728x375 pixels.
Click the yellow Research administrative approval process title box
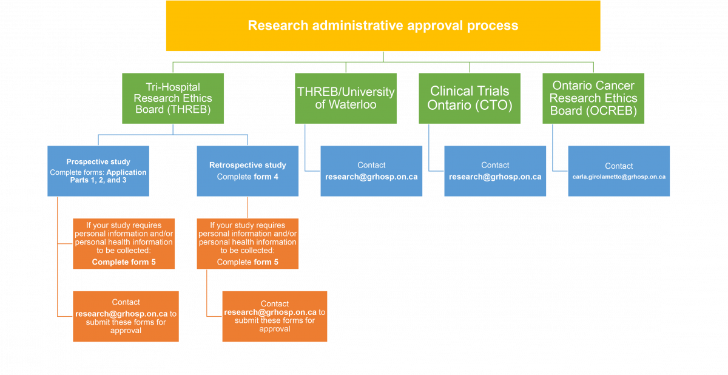[x=383, y=25]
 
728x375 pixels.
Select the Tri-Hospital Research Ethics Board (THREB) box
[x=173, y=98]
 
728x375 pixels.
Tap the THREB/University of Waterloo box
[x=346, y=98]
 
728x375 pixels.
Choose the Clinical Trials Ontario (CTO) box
[x=470, y=98]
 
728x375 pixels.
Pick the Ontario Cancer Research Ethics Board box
[x=593, y=98]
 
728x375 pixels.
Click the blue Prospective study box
[x=98, y=171]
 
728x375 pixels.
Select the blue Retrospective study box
[x=248, y=171]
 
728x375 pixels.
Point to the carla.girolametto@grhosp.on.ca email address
[x=619, y=177]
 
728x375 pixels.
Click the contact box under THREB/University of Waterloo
[x=371, y=171]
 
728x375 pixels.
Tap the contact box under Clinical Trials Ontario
[x=495, y=171]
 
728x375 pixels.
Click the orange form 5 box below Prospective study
[x=124, y=244]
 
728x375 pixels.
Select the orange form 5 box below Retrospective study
[x=248, y=244]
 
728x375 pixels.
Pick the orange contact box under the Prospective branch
[x=126, y=316]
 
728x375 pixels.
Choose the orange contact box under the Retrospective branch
[x=275, y=316]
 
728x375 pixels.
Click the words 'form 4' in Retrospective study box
[x=266, y=177]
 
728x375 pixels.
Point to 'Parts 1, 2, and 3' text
[x=98, y=180]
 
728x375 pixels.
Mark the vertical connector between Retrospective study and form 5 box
[x=248, y=208]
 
